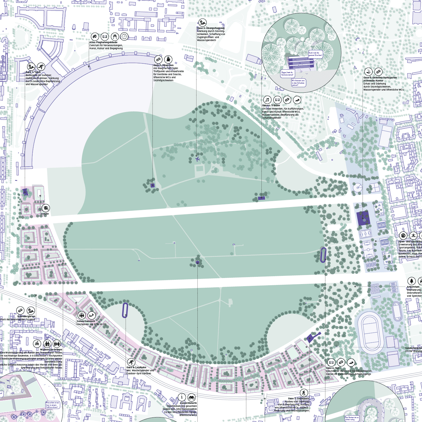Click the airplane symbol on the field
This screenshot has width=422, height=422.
pyautogui.click(x=197, y=159)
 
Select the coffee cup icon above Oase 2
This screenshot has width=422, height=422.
pyautogui.click(x=168, y=59)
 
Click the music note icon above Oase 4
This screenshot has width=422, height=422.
pyautogui.click(x=267, y=100)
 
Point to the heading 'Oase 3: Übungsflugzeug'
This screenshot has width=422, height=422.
pyautogui.click(x=211, y=28)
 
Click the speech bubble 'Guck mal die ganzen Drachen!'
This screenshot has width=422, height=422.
pyautogui.click(x=315, y=54)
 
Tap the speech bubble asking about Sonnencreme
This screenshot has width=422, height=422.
pyautogui.click(x=287, y=73)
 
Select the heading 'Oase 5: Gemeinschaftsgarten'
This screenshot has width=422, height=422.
pyautogui.click(x=380, y=78)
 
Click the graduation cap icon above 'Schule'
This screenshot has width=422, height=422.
pyautogui.click(x=46, y=208)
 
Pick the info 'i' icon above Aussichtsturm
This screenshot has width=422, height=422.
pyautogui.click(x=182, y=397)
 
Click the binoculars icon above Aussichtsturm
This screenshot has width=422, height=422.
pyautogui.click(x=192, y=397)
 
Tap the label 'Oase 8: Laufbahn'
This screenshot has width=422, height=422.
pyautogui.click(x=136, y=367)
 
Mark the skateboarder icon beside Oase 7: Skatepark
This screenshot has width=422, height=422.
pyautogui.click(x=304, y=392)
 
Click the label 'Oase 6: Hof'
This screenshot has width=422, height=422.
pyautogui.click(x=333, y=368)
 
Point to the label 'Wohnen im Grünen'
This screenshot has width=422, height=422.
pyautogui.click(x=51, y=350)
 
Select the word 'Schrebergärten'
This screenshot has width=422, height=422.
pyautogui.click(x=26, y=316)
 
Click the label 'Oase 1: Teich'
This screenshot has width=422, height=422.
pyautogui.click(x=33, y=72)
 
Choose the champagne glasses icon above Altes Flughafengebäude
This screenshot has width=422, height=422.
pyautogui.click(x=115, y=37)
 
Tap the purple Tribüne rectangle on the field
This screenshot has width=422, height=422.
pyautogui.click(x=261, y=198)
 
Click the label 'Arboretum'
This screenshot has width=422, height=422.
pyautogui.click(x=413, y=287)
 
